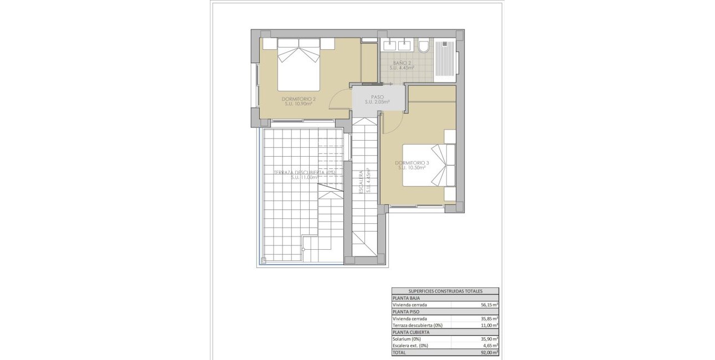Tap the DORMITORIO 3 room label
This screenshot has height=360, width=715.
[x=412, y=163]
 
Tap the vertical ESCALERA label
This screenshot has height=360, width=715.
[x=361, y=181]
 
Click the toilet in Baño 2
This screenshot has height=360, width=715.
[x=424, y=46]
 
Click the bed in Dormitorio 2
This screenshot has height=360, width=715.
[x=299, y=64]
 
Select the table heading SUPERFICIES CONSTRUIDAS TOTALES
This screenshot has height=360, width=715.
[x=445, y=291]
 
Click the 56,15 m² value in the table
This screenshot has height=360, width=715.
[x=489, y=305]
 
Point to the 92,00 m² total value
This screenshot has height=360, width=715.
[x=489, y=352]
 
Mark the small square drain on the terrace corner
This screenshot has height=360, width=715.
[x=264, y=260]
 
